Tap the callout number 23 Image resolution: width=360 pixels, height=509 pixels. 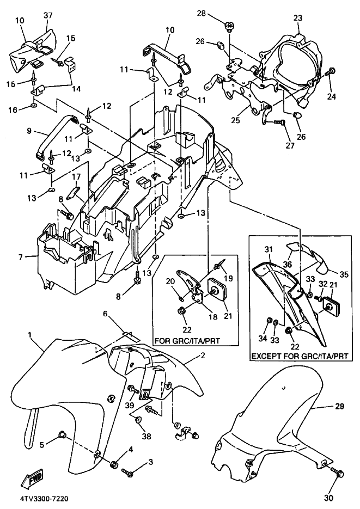pos(297,19)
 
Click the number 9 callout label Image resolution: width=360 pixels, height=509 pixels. pos(30,131)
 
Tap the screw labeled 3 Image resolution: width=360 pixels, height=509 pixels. pos(129,472)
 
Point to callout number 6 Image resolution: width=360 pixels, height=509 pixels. pos(106,314)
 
